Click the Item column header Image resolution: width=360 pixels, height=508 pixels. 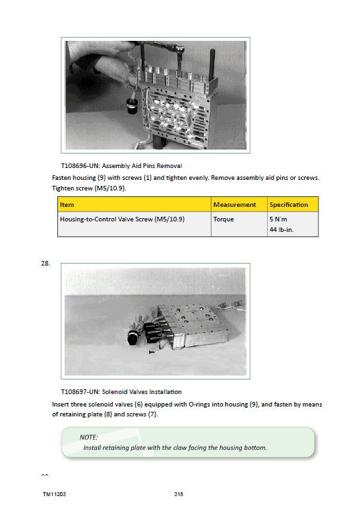click(x=67, y=205)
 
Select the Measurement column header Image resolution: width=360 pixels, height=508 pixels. click(x=235, y=205)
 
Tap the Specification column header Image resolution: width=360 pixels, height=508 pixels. click(x=289, y=205)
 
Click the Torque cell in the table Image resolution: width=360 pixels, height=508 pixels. click(x=224, y=219)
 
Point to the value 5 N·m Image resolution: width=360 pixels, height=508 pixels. click(x=278, y=219)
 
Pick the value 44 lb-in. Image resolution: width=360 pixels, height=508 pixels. click(x=282, y=230)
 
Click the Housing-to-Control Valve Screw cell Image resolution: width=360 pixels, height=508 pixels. click(x=122, y=219)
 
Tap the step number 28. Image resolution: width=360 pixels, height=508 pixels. click(x=45, y=264)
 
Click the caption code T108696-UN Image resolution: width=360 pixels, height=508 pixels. click(x=80, y=166)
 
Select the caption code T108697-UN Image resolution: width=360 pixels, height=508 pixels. click(x=80, y=391)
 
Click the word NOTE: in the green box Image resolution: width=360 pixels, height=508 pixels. click(x=88, y=437)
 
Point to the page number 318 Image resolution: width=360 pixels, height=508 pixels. click(x=179, y=494)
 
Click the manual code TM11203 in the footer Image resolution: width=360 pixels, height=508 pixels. click(x=54, y=494)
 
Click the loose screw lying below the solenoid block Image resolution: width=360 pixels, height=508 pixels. click(x=152, y=352)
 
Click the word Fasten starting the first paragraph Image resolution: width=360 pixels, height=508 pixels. click(x=61, y=177)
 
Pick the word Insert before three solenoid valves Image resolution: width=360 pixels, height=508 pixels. click(x=60, y=405)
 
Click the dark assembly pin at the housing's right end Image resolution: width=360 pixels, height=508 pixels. click(x=213, y=65)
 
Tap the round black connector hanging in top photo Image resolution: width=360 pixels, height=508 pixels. click(x=133, y=106)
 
